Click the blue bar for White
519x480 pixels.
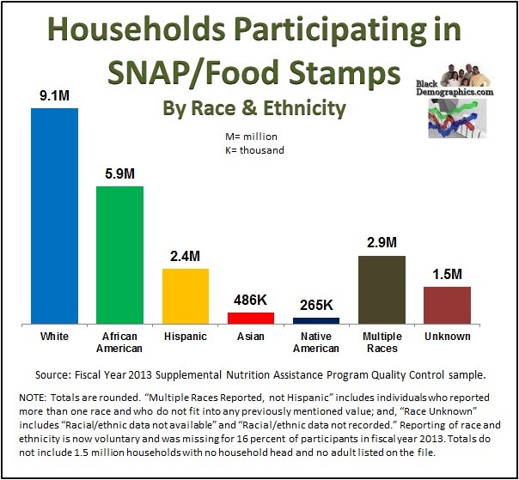click(x=54, y=215)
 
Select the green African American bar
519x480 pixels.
click(x=119, y=254)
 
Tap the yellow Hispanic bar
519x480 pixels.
click(x=186, y=295)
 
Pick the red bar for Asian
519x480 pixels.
click(x=250, y=317)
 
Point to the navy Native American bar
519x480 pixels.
click(x=315, y=319)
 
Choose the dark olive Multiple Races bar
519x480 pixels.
click(x=381, y=289)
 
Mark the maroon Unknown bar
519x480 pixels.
click(x=447, y=304)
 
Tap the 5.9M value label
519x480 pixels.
click(x=119, y=174)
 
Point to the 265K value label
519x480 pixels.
click(x=315, y=305)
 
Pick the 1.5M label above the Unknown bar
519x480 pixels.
click(x=447, y=275)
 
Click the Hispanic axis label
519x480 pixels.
click(x=185, y=337)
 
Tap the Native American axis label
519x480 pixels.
click(x=315, y=343)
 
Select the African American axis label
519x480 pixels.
click(x=119, y=343)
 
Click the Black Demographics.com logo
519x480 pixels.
click(x=465, y=104)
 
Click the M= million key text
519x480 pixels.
click(x=251, y=136)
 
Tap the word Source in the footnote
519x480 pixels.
click(x=56, y=374)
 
